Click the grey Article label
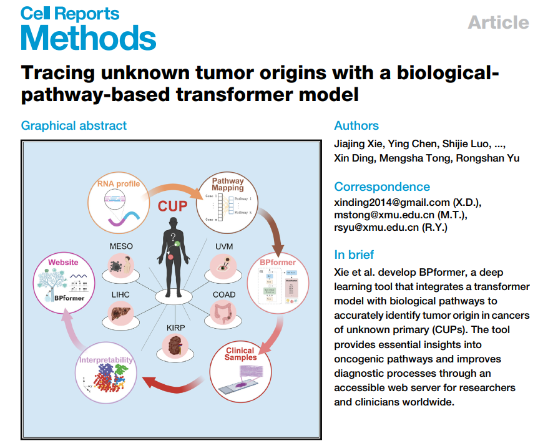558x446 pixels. tap(498, 22)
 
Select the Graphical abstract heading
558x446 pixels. tap(74, 125)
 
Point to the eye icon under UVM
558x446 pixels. tap(223, 264)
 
